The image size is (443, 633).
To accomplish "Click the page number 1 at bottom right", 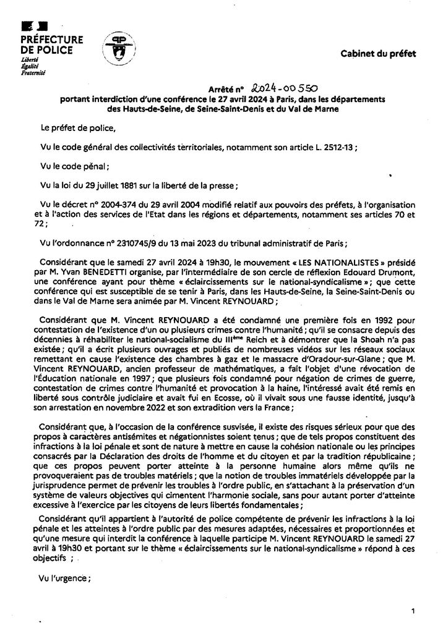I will pos(412,611).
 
